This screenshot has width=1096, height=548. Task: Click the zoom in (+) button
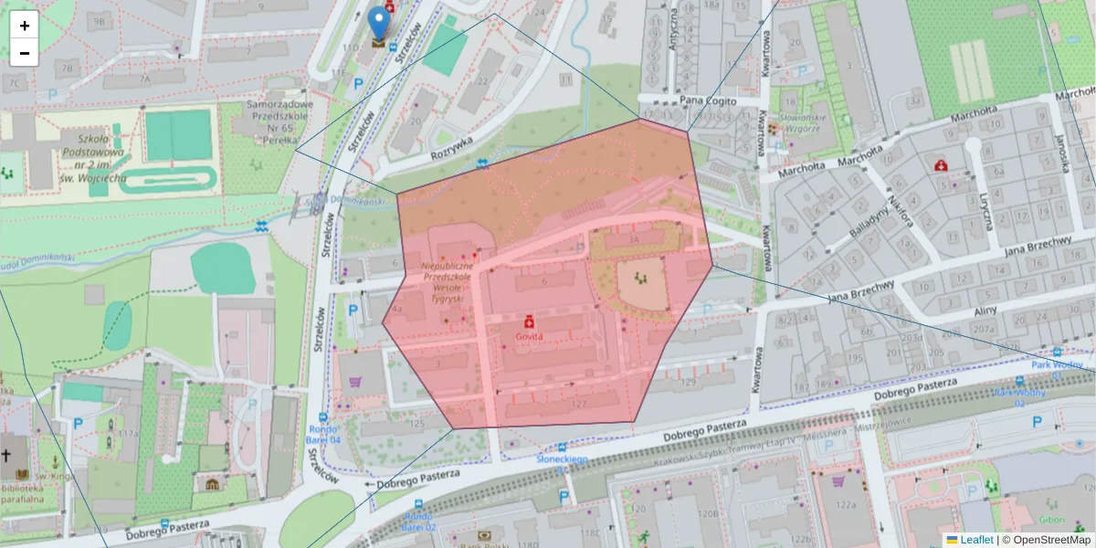(x=25, y=26)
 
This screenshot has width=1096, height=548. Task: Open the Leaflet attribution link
(x=976, y=540)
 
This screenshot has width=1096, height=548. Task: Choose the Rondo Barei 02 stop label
(x=419, y=521)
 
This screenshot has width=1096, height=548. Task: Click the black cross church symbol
(x=6, y=456)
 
